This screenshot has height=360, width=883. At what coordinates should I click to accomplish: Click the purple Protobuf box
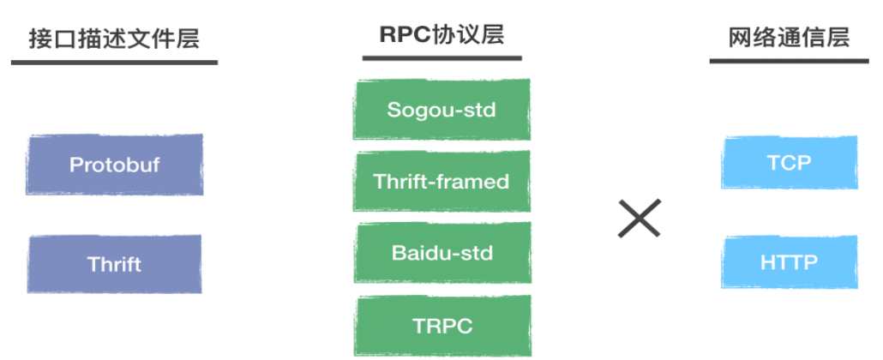115,165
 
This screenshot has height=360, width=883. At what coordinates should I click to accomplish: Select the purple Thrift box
115,264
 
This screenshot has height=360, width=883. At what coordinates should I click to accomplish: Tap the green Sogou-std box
441,110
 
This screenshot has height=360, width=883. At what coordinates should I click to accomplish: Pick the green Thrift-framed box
441,182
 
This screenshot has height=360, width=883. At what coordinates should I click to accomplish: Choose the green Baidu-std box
441,254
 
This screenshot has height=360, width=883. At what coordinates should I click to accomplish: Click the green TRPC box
441,326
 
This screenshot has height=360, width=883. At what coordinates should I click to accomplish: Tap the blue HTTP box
789,261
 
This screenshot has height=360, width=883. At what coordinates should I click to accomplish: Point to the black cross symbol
640,219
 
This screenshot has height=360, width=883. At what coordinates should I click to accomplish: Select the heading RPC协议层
441,34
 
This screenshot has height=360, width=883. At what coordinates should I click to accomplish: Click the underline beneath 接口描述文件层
113,62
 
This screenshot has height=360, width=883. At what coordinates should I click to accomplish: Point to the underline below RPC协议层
441,58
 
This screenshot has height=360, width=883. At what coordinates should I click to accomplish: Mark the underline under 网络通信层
789,62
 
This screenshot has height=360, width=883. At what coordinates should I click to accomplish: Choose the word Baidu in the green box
418,254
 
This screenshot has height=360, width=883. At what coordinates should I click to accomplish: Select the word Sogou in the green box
414,110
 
